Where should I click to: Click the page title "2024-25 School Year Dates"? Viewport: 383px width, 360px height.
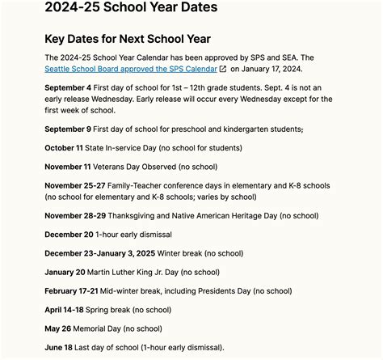coord(131,8)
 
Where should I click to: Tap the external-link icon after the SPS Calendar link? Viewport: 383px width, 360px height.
coord(222,69)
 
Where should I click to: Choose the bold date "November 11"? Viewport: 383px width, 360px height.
coord(69,166)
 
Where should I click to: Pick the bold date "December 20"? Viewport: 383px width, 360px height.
coord(69,235)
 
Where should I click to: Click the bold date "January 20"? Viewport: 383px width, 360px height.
coord(65,272)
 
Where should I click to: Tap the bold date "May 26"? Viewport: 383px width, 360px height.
coord(60,328)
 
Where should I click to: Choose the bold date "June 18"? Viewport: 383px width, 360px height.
coord(61,347)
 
